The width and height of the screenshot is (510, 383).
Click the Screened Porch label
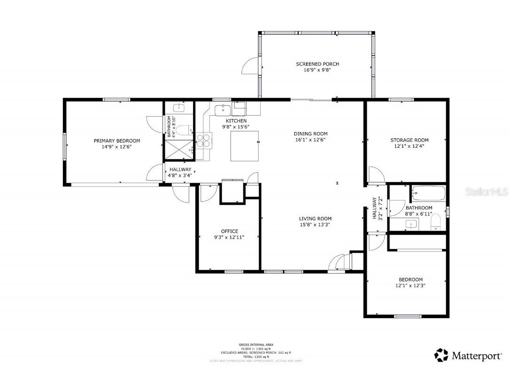pyautogui.click(x=317, y=64)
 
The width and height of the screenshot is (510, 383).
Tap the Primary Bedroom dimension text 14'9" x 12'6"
pyautogui.click(x=116, y=147)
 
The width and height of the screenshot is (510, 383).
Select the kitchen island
pyautogui.click(x=245, y=146)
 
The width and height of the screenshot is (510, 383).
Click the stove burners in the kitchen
pyautogui.click(x=204, y=141)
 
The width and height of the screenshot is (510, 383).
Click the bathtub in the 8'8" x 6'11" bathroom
pyautogui.click(x=428, y=192)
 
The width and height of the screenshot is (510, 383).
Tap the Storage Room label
pyautogui.click(x=409, y=140)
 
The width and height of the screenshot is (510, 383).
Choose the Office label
pyautogui.click(x=229, y=231)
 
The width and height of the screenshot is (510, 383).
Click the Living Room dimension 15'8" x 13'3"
pyautogui.click(x=315, y=225)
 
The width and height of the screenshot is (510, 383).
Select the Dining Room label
pyautogui.click(x=310, y=134)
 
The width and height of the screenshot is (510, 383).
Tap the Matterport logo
pyautogui.click(x=468, y=355)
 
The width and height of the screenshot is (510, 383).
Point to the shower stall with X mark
pyautogui.click(x=179, y=150)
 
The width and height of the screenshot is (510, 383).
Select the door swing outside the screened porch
pyautogui.click(x=251, y=67)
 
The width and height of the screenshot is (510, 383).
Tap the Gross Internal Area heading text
pyautogui.click(x=256, y=344)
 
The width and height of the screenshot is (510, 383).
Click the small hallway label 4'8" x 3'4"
pyautogui.click(x=180, y=176)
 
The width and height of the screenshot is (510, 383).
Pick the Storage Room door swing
pyautogui.click(x=376, y=175)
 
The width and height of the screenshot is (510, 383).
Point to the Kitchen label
pyautogui.click(x=236, y=121)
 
